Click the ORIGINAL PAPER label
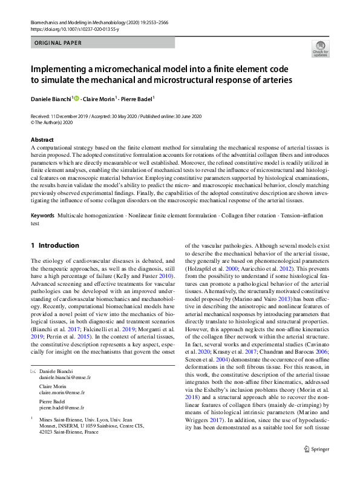click(x=58, y=43)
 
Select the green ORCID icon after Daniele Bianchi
click(x=76, y=98)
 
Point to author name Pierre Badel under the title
click(x=136, y=98)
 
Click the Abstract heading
click(x=42, y=139)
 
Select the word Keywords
click(x=42, y=216)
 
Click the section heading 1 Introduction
click(x=54, y=245)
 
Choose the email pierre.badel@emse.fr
click(x=60, y=408)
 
